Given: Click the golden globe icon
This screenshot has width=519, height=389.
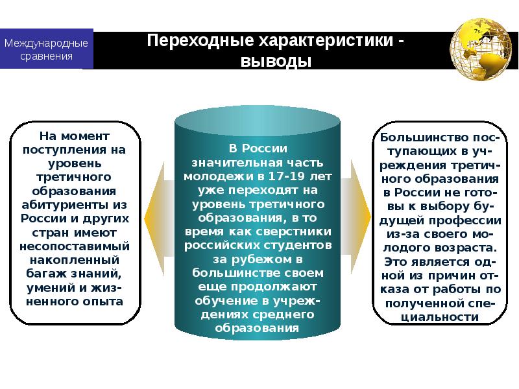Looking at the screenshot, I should pos(480,50).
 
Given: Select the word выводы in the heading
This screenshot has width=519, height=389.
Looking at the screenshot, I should pos(277,62).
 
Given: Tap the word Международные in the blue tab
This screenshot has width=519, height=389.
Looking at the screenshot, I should pos(47,43).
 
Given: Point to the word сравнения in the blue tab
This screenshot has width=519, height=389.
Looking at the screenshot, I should pos(47,56).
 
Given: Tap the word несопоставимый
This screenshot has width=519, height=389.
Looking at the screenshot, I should pos(75,246).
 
